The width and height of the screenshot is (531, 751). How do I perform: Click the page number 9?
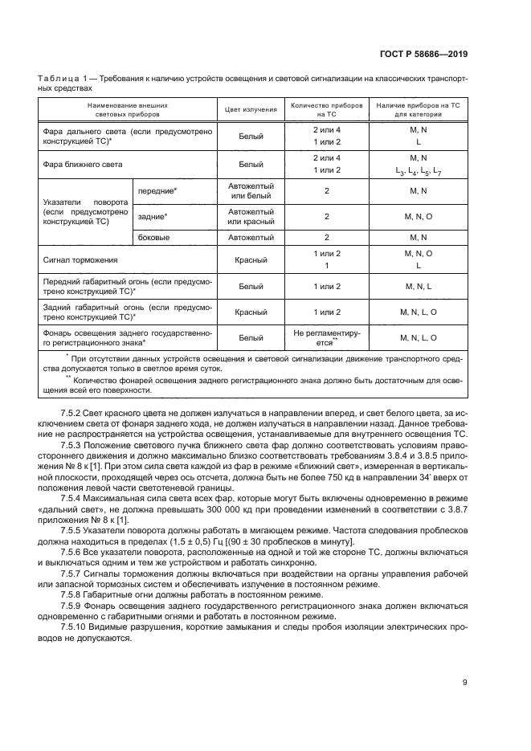(x=464, y=684)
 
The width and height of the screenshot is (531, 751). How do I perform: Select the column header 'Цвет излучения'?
(x=251, y=110)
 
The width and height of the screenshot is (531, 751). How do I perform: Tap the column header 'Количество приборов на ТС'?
(x=327, y=110)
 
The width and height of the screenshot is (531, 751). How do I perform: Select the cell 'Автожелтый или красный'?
(x=251, y=217)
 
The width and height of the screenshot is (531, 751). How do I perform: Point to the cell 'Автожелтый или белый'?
(x=251, y=191)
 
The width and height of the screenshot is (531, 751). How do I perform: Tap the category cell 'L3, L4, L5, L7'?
(x=419, y=171)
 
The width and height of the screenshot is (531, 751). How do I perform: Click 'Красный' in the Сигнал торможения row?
(x=251, y=260)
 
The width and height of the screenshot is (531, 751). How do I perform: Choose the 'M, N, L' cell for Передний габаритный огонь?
(x=419, y=287)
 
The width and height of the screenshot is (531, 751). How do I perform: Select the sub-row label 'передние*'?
(x=157, y=191)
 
